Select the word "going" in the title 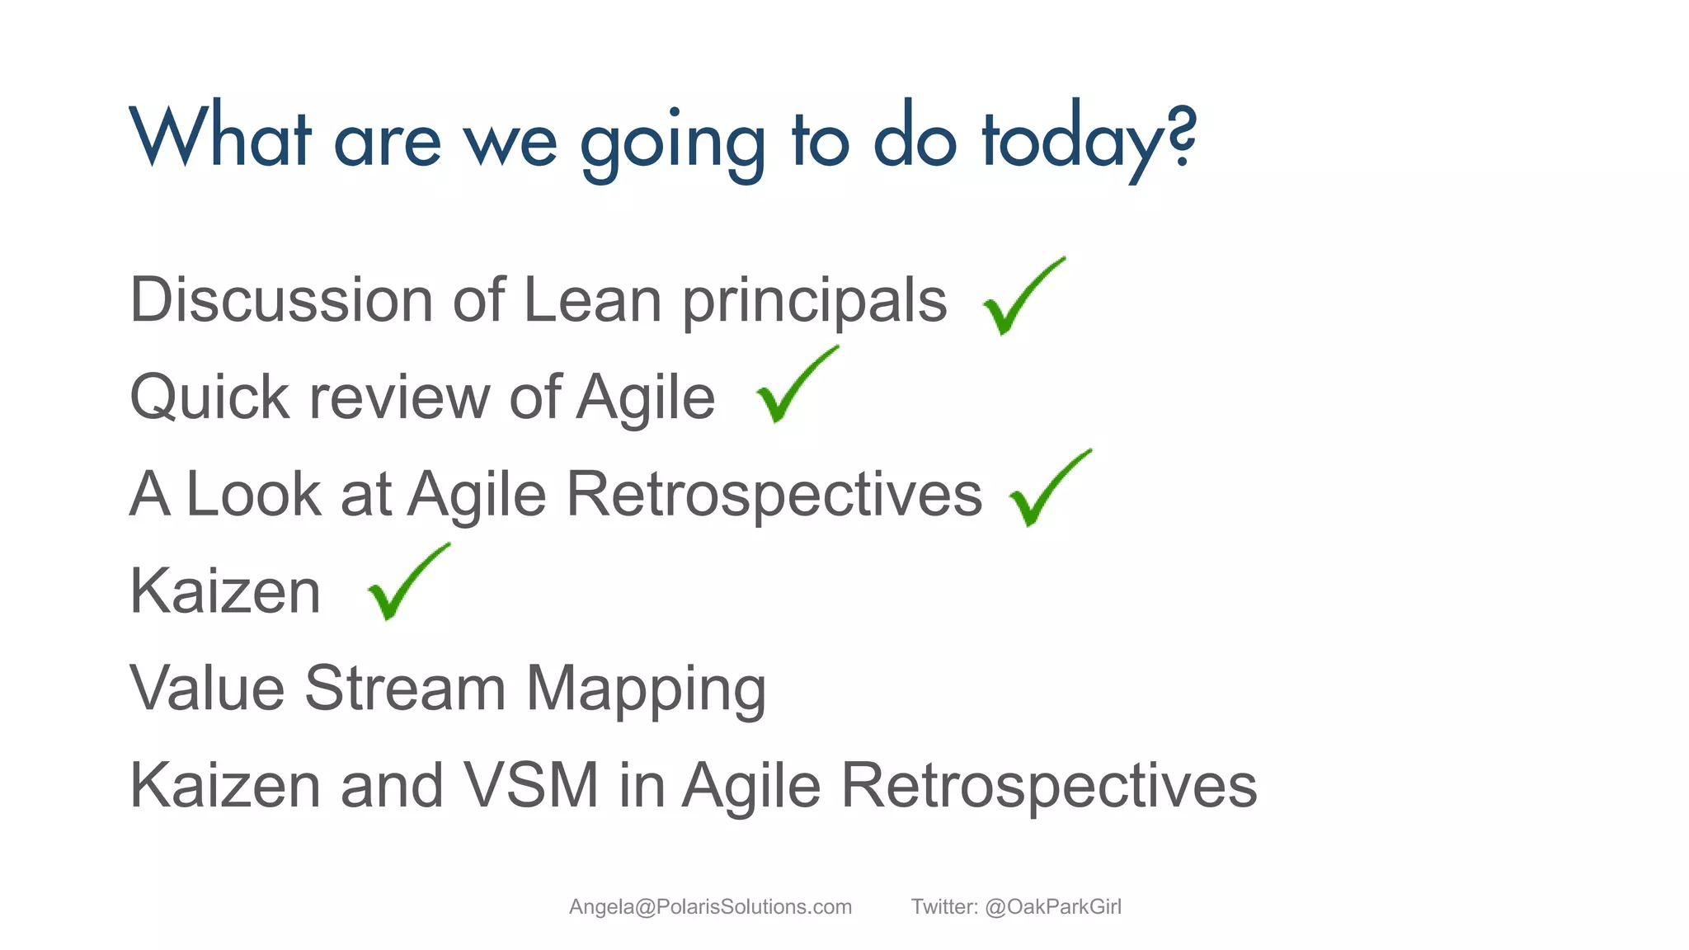click(x=673, y=142)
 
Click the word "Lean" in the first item click(x=592, y=299)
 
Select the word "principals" click(x=814, y=302)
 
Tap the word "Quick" click(x=209, y=397)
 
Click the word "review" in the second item click(x=399, y=397)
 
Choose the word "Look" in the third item click(x=253, y=494)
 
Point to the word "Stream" click(x=404, y=688)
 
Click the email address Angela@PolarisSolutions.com click(x=710, y=907)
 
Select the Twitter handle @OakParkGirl click(x=1052, y=907)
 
